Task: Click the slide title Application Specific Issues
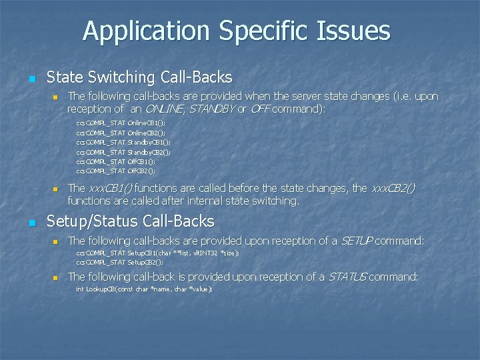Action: [x=237, y=31]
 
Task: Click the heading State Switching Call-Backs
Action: [x=139, y=77]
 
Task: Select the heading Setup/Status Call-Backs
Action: [x=130, y=221]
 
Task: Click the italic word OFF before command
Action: [x=259, y=109]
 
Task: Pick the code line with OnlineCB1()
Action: [x=121, y=123]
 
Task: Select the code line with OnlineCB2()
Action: [x=121, y=133]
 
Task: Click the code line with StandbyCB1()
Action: [x=123, y=142]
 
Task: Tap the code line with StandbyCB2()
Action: [x=123, y=151]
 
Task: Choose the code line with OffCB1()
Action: [x=116, y=161]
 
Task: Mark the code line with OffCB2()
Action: [x=116, y=170]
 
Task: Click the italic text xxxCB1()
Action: [x=110, y=189]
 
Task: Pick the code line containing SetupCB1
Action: [x=157, y=253]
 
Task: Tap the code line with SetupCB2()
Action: [x=120, y=262]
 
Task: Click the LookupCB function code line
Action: [x=144, y=289]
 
